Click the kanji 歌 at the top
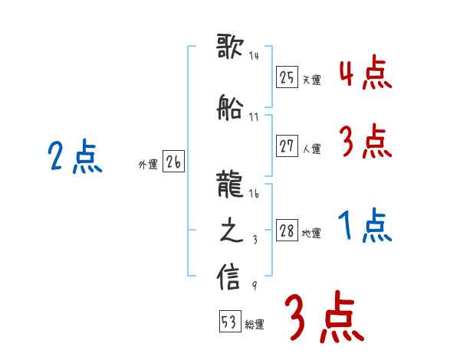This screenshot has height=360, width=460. [231, 47]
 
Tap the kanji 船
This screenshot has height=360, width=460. [231, 108]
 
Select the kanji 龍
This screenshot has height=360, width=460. [231, 185]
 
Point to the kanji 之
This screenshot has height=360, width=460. [231, 231]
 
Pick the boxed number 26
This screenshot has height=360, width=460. [173, 162]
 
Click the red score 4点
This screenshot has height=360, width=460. [365, 74]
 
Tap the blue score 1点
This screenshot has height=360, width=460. [365, 226]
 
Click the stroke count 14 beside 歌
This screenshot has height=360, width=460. [254, 56]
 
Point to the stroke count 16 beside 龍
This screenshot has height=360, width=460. [254, 195]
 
